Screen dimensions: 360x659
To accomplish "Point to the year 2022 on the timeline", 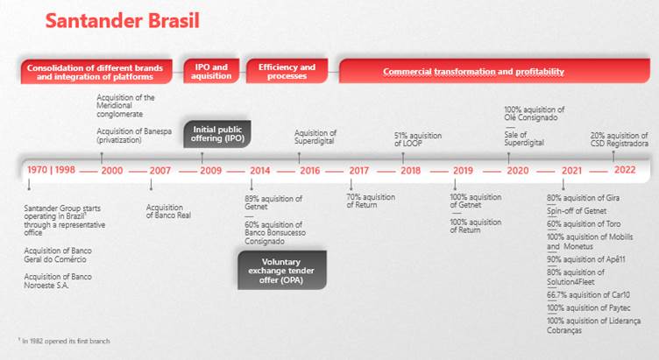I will pyautogui.click(x=625, y=170).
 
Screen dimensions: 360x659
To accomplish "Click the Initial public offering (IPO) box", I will pyautogui.click(x=216, y=134).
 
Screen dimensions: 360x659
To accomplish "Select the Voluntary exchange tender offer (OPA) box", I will pyautogui.click(x=282, y=271).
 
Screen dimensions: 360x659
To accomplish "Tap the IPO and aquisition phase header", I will pyautogui.click(x=211, y=71).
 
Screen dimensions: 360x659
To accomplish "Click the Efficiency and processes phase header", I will pyautogui.click(x=287, y=71).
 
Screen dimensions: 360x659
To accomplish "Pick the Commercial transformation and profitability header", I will pyautogui.click(x=473, y=71).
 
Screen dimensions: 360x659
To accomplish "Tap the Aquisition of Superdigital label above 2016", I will pyautogui.click(x=315, y=137).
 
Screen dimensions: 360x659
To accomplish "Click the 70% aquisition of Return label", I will pyautogui.click(x=372, y=201).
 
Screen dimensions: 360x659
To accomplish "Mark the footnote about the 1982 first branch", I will pyautogui.click(x=64, y=340).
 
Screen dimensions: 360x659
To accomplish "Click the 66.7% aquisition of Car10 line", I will pyautogui.click(x=587, y=296).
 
